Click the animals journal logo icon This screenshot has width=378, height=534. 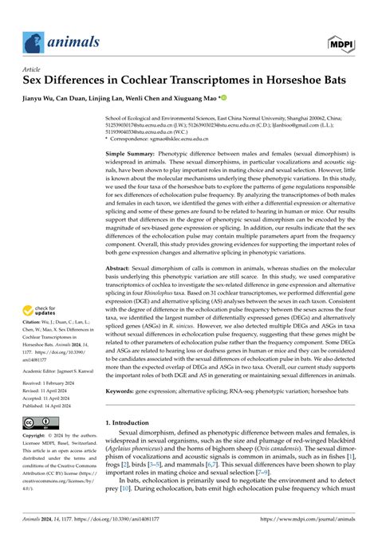[x=31, y=41]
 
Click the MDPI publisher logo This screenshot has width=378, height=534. [x=341, y=41]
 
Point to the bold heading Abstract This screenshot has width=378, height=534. [x=120, y=269]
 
